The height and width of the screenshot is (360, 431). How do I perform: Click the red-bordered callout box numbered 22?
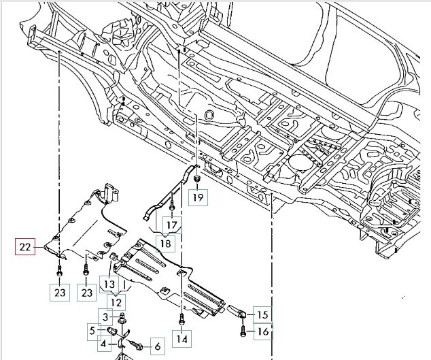[24, 248]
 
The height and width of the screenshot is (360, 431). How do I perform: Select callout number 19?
[197, 198]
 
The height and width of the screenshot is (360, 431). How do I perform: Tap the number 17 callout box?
[171, 225]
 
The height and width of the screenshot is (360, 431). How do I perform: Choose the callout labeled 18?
[165, 244]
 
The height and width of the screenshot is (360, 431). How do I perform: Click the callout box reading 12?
[117, 301]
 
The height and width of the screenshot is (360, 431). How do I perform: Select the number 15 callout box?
[262, 314]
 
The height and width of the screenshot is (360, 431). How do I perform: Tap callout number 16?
[262, 332]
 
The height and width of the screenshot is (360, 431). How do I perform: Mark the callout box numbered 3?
[106, 316]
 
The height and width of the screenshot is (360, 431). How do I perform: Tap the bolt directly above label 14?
[182, 318]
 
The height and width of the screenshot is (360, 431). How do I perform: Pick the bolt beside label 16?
[243, 331]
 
